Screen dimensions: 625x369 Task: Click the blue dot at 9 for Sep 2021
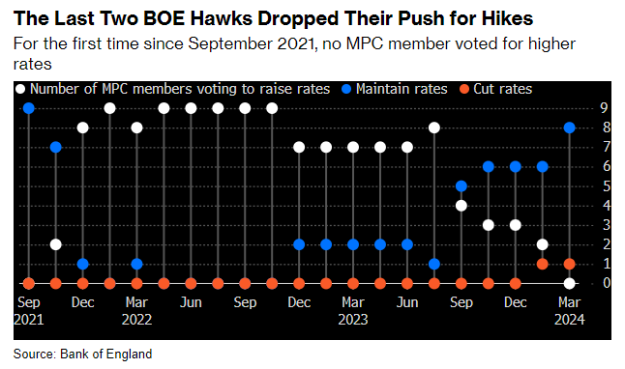29,108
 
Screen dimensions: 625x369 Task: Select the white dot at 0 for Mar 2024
570,283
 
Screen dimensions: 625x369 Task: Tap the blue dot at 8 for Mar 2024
570,128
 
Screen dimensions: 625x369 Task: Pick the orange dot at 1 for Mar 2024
570,264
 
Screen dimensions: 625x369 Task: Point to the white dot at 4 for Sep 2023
461,206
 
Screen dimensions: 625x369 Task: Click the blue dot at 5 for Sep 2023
461,186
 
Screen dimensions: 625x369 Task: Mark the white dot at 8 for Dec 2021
83,128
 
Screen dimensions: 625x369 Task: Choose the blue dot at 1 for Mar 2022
136,264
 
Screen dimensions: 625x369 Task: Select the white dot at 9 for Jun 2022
191,108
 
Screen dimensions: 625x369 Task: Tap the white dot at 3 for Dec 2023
516,225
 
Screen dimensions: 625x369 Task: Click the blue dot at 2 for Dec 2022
299,244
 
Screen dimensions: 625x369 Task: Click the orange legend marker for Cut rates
464,89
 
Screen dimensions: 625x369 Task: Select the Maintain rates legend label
402,89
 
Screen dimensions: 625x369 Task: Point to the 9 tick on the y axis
605,108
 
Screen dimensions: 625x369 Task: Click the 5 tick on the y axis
607,185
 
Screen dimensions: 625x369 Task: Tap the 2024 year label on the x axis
570,319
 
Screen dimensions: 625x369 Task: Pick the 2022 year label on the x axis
136,319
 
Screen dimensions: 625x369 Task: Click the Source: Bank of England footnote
82,354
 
